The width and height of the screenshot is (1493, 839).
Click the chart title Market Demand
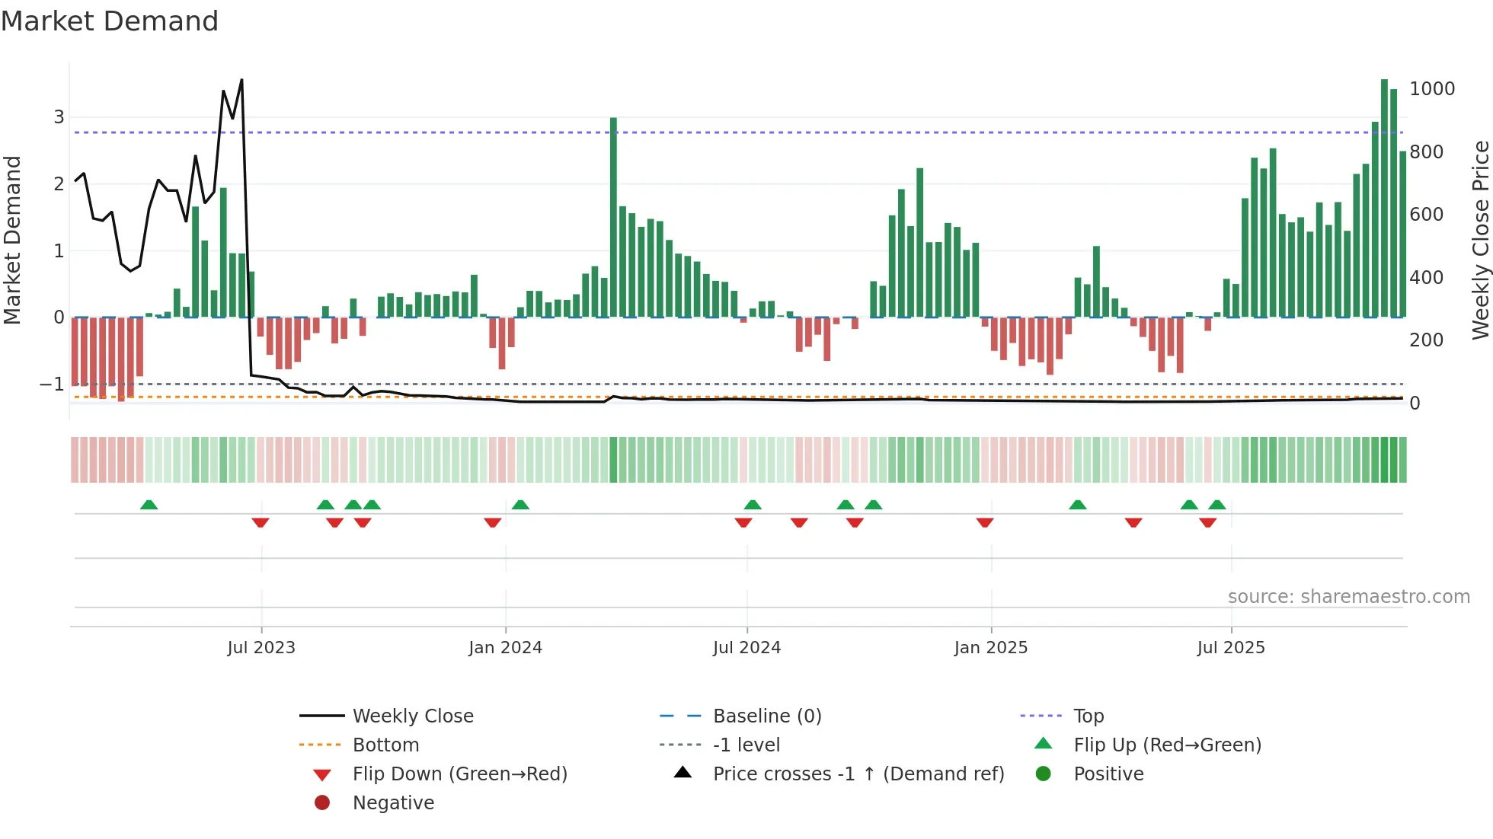click(110, 21)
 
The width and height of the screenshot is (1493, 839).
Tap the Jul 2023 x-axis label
click(261, 648)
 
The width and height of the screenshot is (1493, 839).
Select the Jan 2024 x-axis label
click(505, 648)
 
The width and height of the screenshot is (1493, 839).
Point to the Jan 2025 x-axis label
click(990, 648)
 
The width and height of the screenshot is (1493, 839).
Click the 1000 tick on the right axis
click(1431, 89)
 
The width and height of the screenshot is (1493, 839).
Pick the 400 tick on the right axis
click(1426, 278)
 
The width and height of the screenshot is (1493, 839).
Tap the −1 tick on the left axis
click(52, 384)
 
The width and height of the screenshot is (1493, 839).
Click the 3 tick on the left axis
click(59, 117)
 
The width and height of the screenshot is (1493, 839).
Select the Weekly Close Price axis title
click(1480, 240)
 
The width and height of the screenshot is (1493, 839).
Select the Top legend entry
click(1088, 716)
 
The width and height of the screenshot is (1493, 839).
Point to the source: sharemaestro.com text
click(1348, 597)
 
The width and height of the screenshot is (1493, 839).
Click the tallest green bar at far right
click(1384, 198)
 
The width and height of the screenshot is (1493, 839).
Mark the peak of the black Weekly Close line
click(241, 80)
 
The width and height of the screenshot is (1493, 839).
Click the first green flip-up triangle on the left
click(149, 505)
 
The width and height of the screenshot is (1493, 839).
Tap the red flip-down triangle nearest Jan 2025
click(985, 522)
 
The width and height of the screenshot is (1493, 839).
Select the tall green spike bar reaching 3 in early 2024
click(613, 217)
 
